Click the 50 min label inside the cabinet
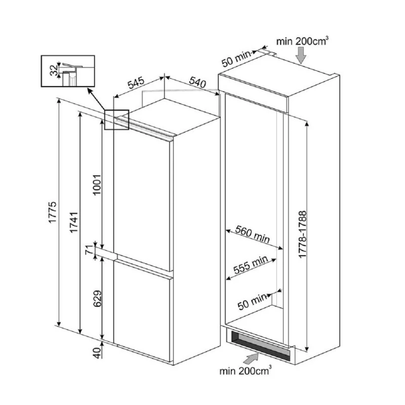(252, 302)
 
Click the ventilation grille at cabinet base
(260, 345)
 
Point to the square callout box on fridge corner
(117, 119)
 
